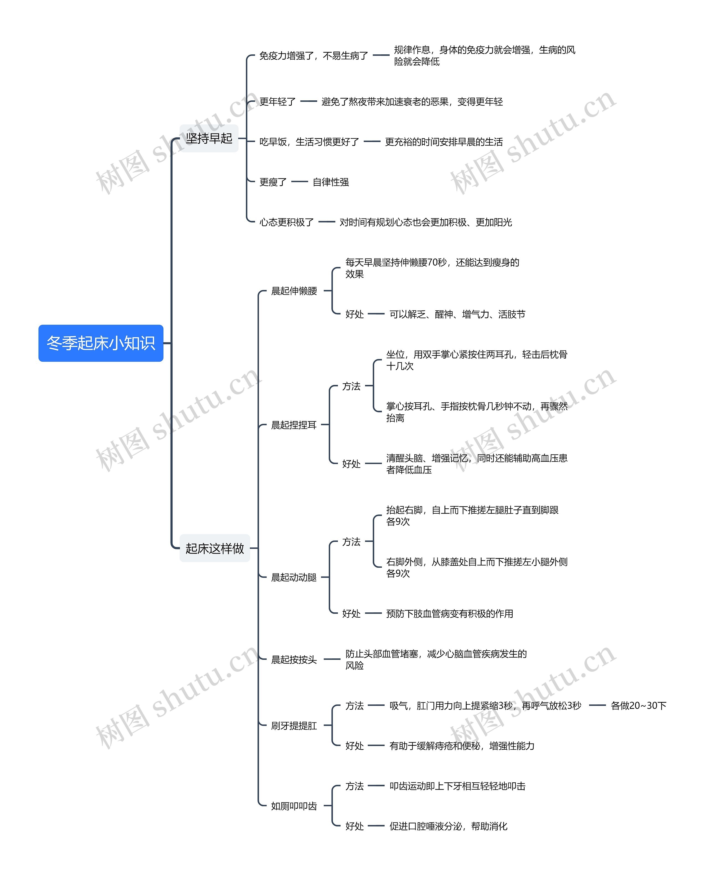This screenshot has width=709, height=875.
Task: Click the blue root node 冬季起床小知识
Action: (101, 343)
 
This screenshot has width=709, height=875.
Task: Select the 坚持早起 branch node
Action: (209, 138)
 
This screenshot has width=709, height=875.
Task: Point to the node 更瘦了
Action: (273, 182)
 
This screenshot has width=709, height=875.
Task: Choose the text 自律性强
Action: (330, 182)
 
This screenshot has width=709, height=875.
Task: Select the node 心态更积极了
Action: (286, 222)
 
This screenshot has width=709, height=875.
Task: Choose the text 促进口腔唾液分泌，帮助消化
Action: (448, 826)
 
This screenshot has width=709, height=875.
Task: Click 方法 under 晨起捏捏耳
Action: (351, 386)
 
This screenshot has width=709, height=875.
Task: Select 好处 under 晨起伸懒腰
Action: (354, 314)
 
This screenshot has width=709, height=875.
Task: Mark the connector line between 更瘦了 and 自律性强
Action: (300, 182)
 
